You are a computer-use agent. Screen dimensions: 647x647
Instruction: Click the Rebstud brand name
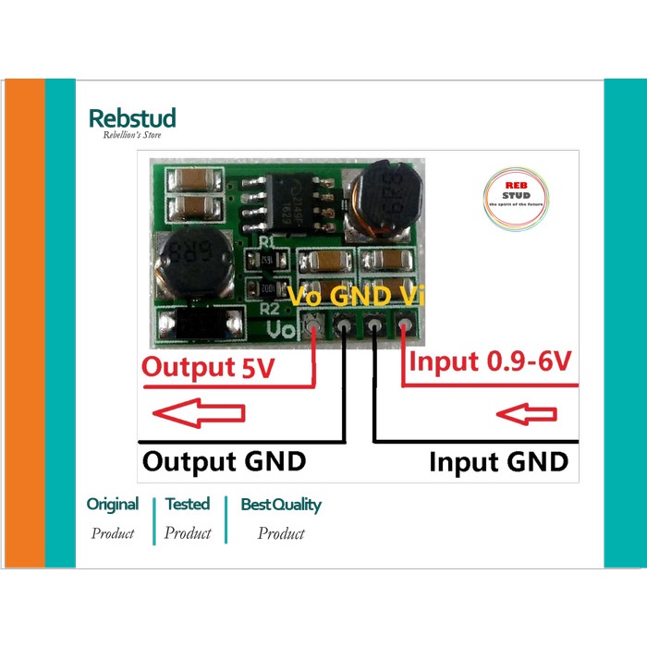point(131,117)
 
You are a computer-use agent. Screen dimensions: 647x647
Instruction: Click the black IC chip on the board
point(284,203)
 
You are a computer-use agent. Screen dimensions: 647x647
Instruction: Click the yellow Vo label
point(308,296)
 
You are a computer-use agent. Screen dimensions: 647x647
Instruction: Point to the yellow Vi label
point(408,296)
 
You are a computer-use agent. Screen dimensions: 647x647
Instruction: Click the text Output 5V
point(207,367)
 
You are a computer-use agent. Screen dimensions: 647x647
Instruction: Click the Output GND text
point(224,460)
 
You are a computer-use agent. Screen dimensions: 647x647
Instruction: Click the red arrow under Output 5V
point(199,412)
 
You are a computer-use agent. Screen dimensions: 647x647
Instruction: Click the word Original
point(112,505)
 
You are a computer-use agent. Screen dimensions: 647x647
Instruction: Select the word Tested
point(188,505)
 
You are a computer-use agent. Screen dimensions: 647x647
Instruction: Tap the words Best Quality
point(281,505)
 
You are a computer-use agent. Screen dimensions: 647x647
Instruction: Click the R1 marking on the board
point(267,241)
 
